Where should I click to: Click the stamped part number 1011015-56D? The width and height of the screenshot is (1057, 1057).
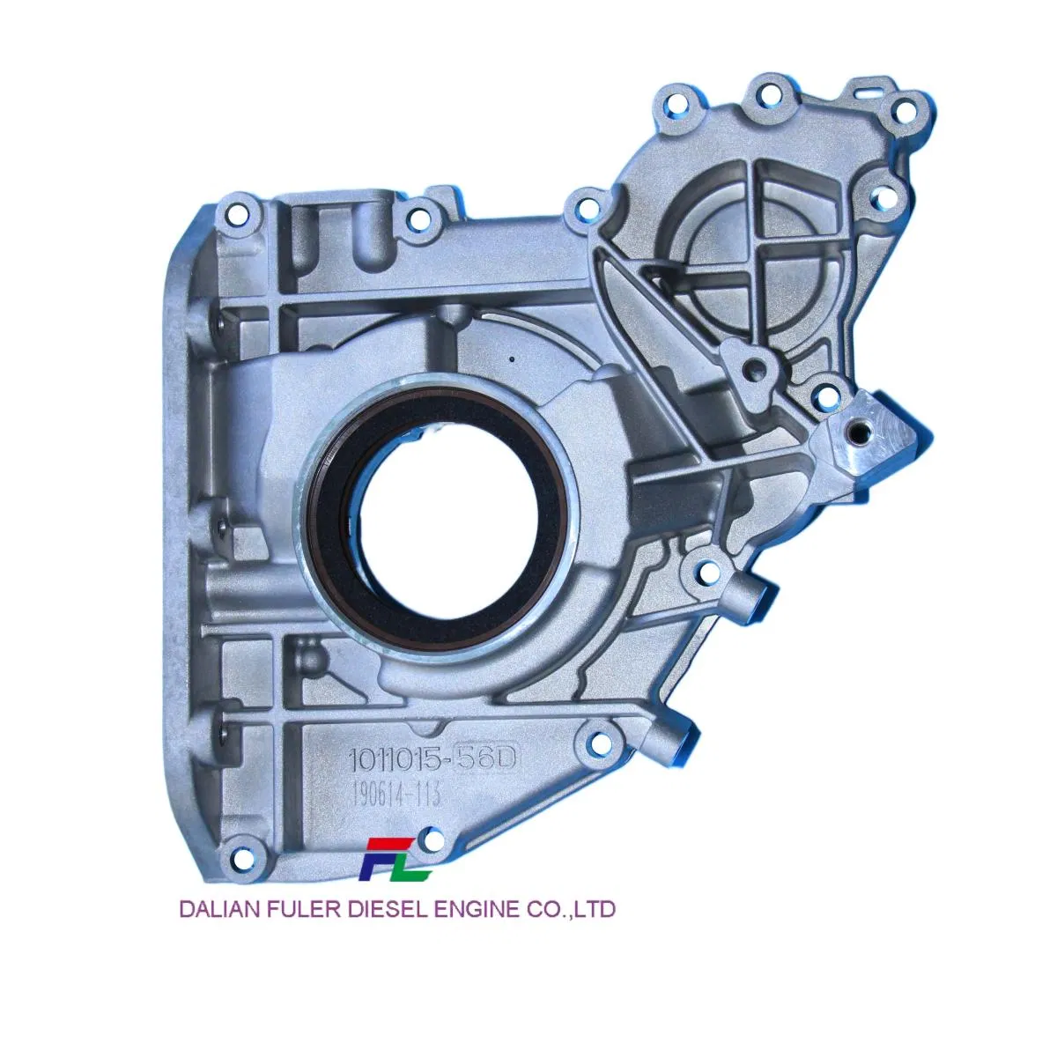pos(432,759)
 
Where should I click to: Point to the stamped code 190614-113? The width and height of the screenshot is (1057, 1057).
pos(396,795)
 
